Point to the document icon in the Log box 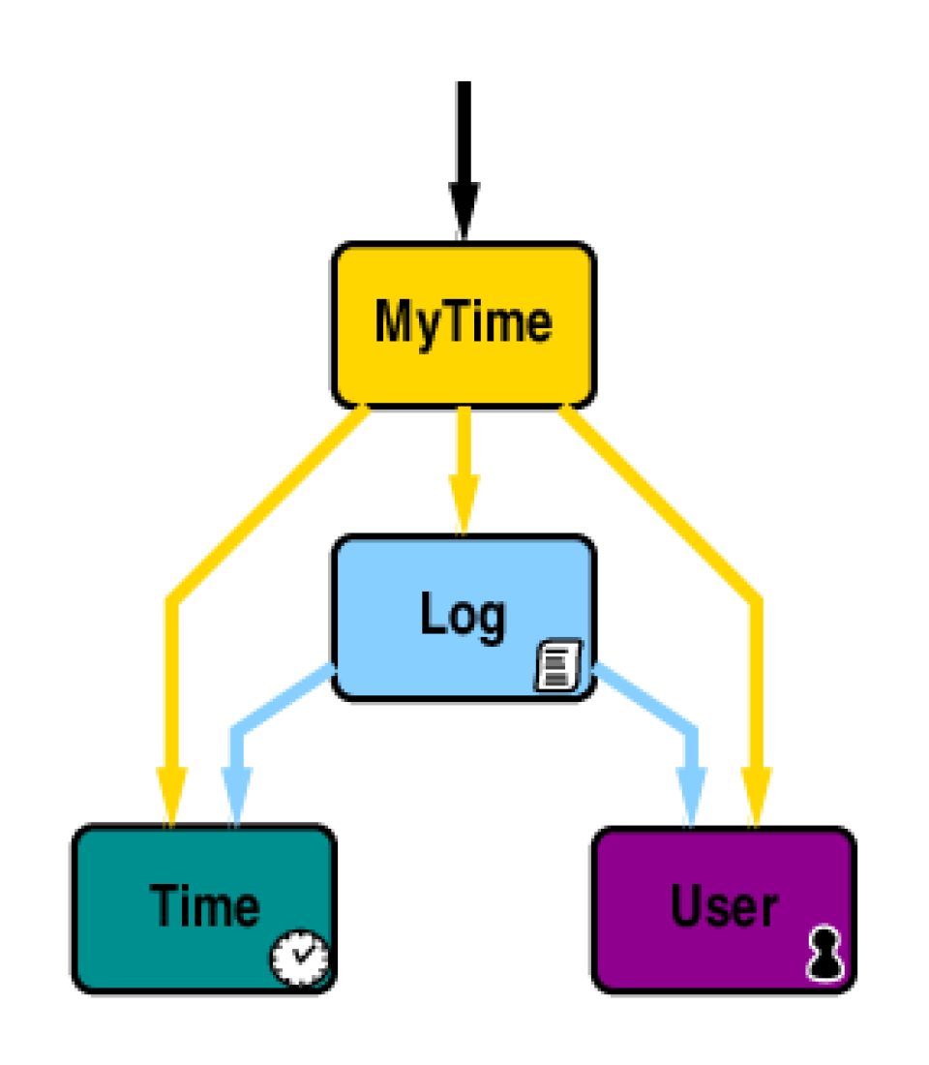[558, 665]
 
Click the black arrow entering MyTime [464, 145]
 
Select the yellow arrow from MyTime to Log [464, 455]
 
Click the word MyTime [464, 322]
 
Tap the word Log [462, 615]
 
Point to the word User [724, 906]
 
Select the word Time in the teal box [204, 906]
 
